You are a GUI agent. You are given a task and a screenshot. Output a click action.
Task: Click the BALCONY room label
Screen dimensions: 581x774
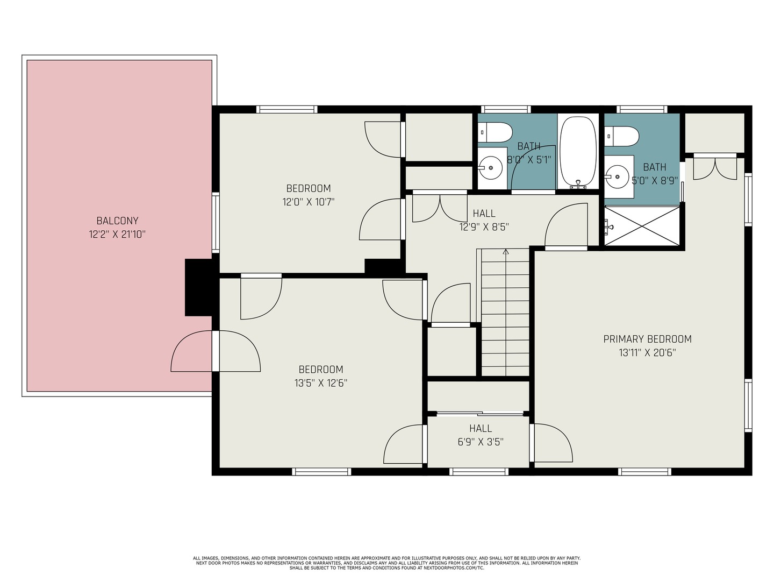click(x=117, y=221)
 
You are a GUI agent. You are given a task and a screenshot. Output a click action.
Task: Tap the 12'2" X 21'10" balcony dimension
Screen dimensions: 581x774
click(x=117, y=235)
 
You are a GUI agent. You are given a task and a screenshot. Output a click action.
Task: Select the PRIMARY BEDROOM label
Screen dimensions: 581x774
click(x=647, y=339)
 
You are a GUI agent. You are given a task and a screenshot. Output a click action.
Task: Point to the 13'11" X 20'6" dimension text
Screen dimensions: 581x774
click(x=647, y=353)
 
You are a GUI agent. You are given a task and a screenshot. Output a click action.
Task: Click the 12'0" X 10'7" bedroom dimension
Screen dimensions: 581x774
click(x=309, y=202)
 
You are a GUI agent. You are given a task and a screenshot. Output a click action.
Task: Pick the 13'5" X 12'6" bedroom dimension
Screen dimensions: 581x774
click(x=321, y=383)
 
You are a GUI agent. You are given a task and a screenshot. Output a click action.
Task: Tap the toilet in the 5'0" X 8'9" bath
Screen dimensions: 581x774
click(x=622, y=136)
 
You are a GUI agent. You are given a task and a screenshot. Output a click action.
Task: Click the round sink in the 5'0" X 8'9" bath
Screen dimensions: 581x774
click(x=618, y=176)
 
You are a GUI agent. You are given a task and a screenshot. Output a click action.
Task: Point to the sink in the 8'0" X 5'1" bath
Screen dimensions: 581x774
click(x=491, y=167)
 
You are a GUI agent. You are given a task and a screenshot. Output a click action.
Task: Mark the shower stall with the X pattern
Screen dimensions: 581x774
click(x=642, y=225)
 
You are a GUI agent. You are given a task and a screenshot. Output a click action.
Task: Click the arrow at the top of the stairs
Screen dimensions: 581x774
click(x=505, y=251)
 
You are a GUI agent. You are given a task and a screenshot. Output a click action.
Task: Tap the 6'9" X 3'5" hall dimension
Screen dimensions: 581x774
click(x=481, y=442)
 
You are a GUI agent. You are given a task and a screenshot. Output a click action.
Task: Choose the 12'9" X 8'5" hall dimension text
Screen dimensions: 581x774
click(x=484, y=227)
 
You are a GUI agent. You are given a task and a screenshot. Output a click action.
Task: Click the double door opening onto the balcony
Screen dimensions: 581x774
click(x=216, y=351)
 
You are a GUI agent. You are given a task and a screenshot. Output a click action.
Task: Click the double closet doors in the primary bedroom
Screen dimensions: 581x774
click(x=714, y=167)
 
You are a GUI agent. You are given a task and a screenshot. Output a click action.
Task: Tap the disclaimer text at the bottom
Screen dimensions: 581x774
click(x=386, y=563)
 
